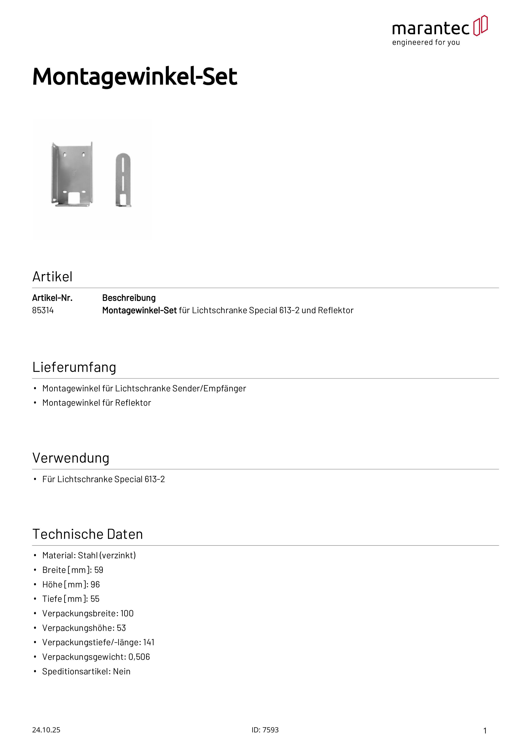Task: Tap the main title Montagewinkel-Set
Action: pos(135,77)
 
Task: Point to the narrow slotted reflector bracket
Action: pos(123,180)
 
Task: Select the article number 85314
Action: pos(43,310)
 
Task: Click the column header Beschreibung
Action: pos(129,298)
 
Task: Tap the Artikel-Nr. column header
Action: pos(52,298)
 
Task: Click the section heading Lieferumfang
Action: pos(74,367)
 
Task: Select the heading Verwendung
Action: pos(71,458)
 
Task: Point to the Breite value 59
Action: pos(99,570)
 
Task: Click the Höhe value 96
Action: pos(95,584)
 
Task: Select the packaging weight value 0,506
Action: pos(139,657)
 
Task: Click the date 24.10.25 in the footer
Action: pos(46,730)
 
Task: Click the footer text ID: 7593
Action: pos(265,730)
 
